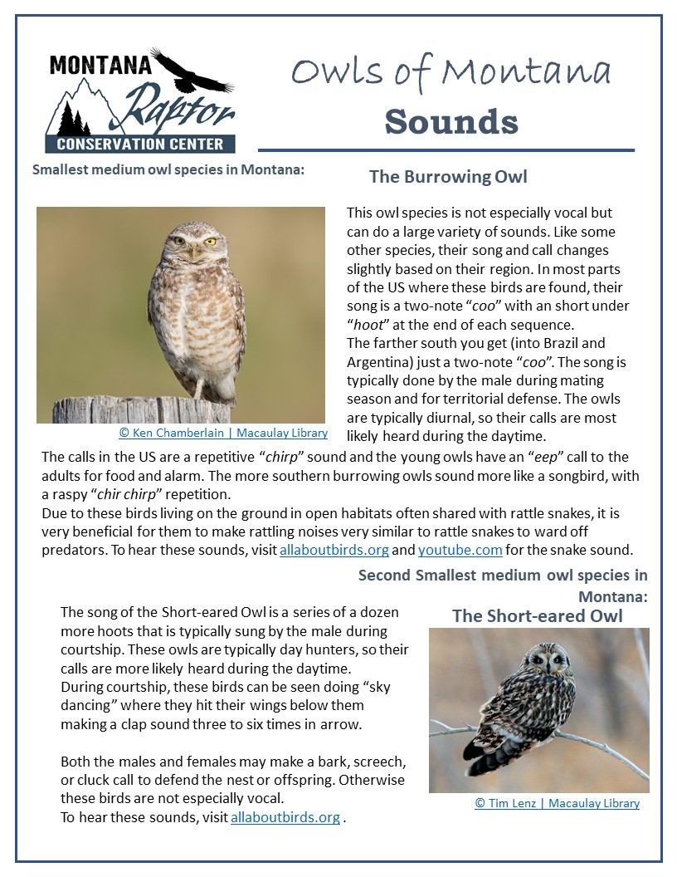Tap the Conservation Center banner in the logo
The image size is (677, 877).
click(140, 144)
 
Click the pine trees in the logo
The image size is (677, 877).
click(74, 121)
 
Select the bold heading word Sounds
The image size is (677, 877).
click(451, 121)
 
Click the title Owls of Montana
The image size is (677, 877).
click(451, 73)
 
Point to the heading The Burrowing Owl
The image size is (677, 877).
click(448, 177)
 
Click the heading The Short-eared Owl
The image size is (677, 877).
click(537, 615)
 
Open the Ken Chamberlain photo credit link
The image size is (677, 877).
click(223, 433)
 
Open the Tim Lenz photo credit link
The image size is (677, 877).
click(557, 803)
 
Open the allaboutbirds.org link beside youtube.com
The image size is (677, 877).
click(334, 550)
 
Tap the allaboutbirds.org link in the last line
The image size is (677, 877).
click(285, 817)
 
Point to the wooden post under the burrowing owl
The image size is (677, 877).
click(141, 410)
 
